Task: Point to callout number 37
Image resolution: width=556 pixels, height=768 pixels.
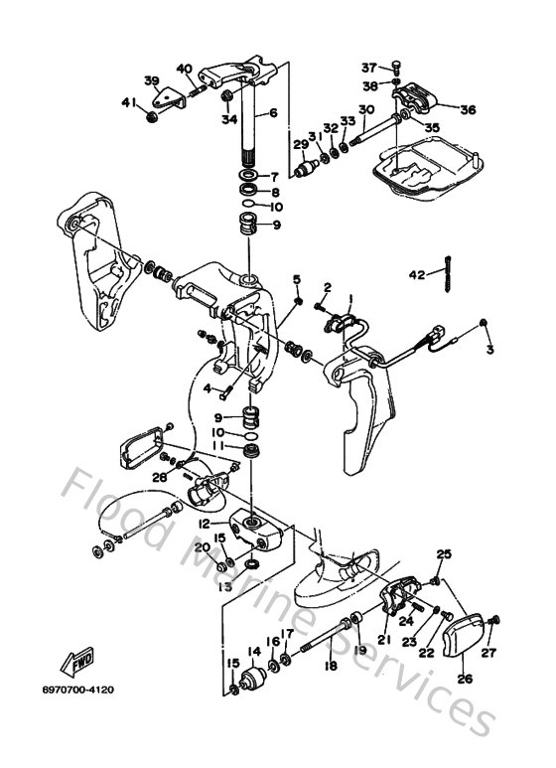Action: (x=369, y=68)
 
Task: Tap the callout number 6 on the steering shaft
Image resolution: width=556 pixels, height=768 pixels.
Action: (x=273, y=113)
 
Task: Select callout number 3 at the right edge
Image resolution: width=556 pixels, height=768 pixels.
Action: (x=488, y=351)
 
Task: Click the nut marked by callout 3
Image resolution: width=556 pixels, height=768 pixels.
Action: (x=483, y=324)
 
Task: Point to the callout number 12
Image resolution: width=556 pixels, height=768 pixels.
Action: (x=204, y=523)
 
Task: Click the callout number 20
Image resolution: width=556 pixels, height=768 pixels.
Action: (x=200, y=547)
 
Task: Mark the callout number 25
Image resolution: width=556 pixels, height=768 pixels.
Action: (x=444, y=553)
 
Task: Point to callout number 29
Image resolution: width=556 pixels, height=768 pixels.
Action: (x=300, y=145)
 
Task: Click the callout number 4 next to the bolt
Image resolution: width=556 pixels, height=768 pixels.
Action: (x=208, y=387)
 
